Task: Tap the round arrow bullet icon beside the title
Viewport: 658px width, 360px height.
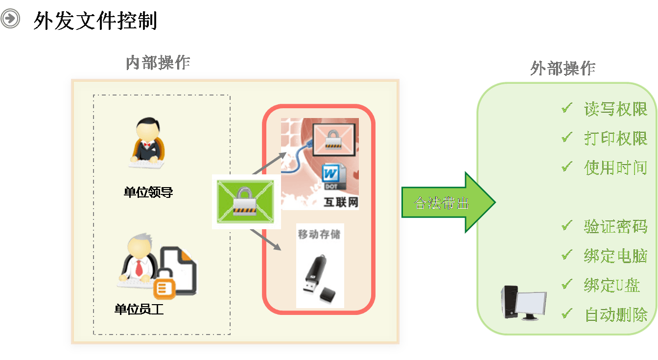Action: point(10,19)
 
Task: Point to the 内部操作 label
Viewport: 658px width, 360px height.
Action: point(158,63)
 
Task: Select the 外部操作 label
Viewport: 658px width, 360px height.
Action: point(563,69)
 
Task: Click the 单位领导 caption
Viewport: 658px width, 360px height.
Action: point(148,192)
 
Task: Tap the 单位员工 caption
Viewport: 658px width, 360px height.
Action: point(139,310)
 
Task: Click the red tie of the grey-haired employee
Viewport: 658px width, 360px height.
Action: point(139,267)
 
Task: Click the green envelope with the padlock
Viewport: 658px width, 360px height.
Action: point(246,201)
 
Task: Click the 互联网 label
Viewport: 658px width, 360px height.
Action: point(341,202)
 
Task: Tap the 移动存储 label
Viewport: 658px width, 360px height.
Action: point(319,234)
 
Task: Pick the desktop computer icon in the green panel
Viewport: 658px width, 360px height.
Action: point(522,303)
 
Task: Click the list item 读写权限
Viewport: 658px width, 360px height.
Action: point(615,109)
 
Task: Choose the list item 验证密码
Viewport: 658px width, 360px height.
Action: point(615,226)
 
